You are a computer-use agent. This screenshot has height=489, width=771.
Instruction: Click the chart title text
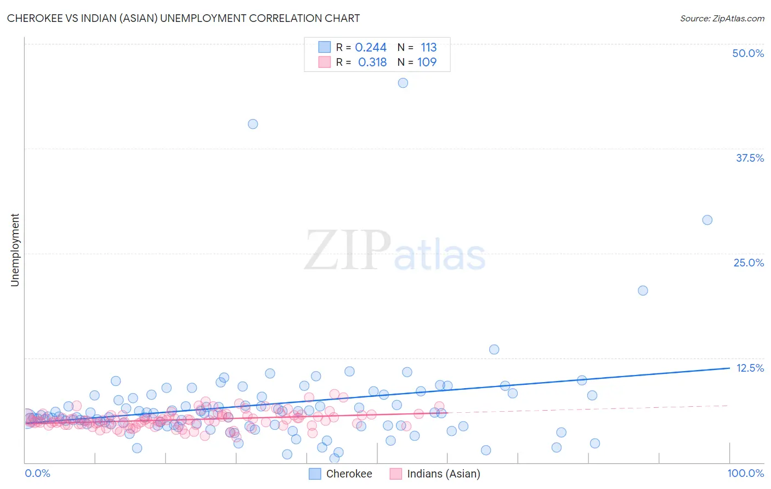point(183,18)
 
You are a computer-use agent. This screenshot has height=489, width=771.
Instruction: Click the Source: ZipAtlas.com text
point(722,18)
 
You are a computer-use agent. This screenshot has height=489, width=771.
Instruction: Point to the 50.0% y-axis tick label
point(748,53)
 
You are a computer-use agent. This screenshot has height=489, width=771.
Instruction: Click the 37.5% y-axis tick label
point(750,158)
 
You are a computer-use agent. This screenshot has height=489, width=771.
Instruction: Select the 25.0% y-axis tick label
point(749,263)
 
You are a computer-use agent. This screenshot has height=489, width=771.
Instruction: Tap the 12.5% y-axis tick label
point(750,368)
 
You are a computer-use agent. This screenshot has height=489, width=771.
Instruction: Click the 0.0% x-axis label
point(37,473)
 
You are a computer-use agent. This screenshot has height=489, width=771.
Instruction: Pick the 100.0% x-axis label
point(745,473)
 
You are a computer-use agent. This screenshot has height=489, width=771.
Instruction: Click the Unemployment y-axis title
point(15,250)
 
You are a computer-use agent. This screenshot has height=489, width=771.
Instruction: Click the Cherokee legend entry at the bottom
point(341,474)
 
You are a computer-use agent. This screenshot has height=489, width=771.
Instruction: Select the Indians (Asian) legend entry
point(435,474)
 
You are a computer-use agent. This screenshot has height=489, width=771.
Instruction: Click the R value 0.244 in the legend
point(371,48)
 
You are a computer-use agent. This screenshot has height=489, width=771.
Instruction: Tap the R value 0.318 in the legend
point(372,62)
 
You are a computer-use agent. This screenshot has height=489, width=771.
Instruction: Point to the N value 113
point(428,48)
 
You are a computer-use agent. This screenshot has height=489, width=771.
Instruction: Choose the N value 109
point(427,62)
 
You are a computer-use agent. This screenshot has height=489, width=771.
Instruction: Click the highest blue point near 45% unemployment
point(402,83)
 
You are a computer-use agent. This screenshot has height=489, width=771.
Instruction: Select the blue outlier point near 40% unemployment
point(253,124)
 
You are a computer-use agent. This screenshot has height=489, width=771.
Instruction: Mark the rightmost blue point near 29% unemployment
point(707,220)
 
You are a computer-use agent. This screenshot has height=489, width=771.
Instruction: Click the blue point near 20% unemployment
point(643,291)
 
